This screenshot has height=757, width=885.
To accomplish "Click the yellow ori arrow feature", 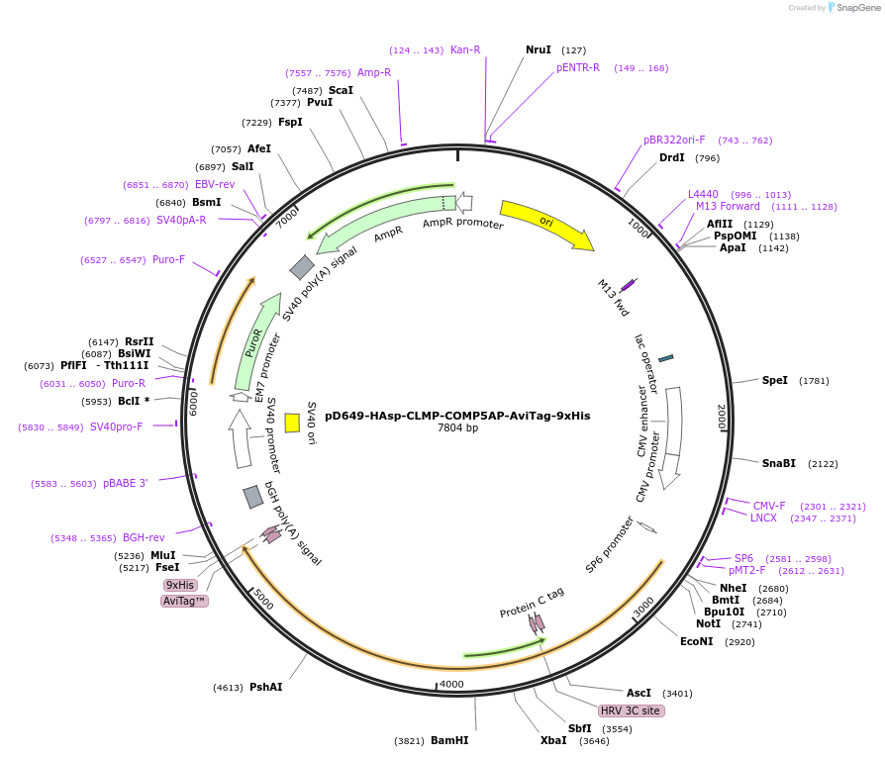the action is coord(545,224).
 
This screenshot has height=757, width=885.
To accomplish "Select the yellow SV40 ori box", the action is coord(292,423).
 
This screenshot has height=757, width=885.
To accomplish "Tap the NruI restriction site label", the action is coord(539,49).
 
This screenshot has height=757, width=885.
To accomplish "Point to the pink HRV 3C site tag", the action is coord(631,710).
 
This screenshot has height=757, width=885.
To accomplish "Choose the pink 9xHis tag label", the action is coord(180,585).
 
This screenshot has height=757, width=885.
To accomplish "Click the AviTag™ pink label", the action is coord(184,601).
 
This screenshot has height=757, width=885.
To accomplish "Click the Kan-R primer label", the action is coord(465,49).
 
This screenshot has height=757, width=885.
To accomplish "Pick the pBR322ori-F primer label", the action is coord(674,140).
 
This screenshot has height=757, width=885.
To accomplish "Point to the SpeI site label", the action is coord(775,380).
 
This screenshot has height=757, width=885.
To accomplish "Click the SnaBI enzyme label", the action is coord(778,463).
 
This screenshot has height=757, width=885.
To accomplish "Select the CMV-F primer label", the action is coord(769,506).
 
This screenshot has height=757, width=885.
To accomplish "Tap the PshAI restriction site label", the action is coord(265,687).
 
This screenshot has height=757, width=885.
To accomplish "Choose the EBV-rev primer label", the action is coord(215,184).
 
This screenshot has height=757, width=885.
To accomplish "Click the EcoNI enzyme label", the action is coord(696,641).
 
